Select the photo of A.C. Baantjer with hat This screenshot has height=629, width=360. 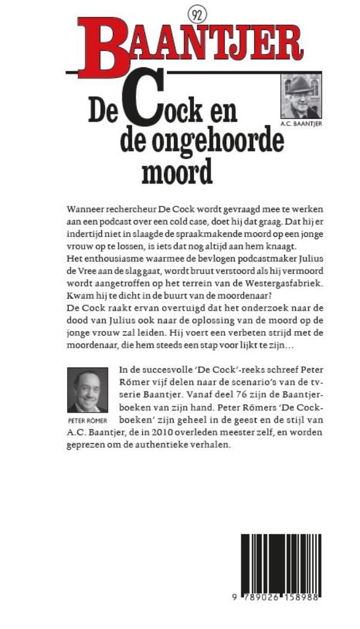(x=301, y=96)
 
